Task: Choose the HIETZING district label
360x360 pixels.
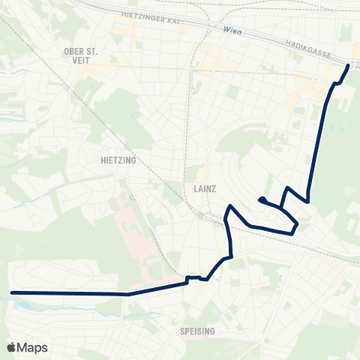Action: [116, 160]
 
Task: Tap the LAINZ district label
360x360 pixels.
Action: [203, 190]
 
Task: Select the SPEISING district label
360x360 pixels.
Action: [198, 331]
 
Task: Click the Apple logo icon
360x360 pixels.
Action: [11, 347]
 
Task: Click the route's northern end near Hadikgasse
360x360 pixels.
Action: [348, 66]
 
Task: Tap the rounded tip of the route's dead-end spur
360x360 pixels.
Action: [260, 199]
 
